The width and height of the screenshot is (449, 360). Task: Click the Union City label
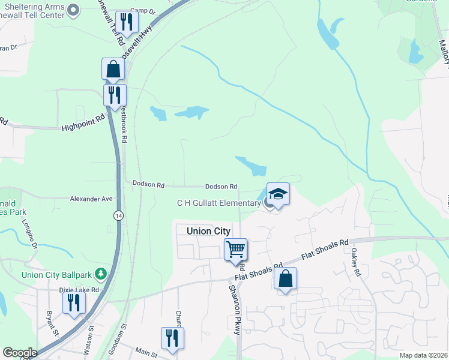click(208, 231)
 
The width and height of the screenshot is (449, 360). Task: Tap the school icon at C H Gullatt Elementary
click(278, 194)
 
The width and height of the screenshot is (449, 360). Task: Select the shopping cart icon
click(235, 248)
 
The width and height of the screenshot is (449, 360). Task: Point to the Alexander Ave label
click(91, 199)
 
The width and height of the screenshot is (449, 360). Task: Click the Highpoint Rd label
click(79, 128)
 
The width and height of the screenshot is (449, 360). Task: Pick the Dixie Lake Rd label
click(79, 289)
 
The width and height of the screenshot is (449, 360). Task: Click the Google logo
click(20, 353)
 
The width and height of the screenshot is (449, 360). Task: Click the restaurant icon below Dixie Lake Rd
click(74, 302)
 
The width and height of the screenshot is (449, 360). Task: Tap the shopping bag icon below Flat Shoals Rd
click(286, 278)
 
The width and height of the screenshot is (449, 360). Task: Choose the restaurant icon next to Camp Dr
click(127, 22)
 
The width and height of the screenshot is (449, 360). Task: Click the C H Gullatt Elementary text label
click(218, 203)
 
